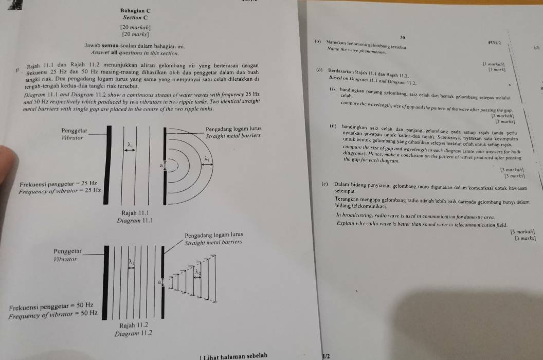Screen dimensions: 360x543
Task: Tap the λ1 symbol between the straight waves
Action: pos(131,146)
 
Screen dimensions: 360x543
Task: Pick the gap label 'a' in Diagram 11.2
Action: pos(160,282)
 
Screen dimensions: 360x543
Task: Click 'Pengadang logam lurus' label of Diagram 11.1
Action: pos(234,128)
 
